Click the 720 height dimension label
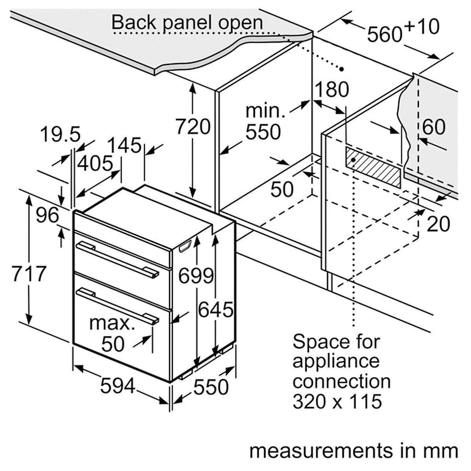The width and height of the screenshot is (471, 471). (192, 127)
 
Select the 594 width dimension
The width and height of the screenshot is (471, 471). (117, 386)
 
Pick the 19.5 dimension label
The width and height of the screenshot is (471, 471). (60, 135)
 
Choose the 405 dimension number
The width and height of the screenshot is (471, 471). (95, 163)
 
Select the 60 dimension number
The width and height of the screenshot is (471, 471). (434, 126)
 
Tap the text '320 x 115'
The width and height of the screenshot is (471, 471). (337, 401)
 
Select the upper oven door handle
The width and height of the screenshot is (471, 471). (118, 259)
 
